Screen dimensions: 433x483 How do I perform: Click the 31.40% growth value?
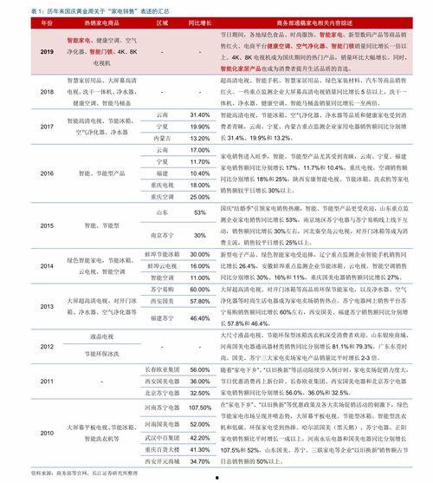click(200, 114)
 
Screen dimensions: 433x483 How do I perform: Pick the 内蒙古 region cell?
click(162, 138)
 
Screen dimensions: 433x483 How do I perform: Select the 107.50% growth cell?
click(200, 407)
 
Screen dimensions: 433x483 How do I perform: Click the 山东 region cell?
click(162, 212)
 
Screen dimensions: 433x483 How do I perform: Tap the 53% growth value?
click(200, 212)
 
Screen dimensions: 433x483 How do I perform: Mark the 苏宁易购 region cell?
click(162, 289)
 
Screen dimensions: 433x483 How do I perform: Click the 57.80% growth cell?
click(200, 300)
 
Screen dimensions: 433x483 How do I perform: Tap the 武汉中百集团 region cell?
click(162, 440)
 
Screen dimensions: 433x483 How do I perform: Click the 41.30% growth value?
click(200, 451)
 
